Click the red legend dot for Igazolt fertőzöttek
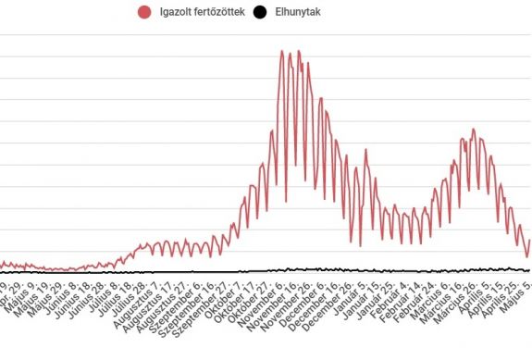[143, 12]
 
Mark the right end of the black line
[530, 270]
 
